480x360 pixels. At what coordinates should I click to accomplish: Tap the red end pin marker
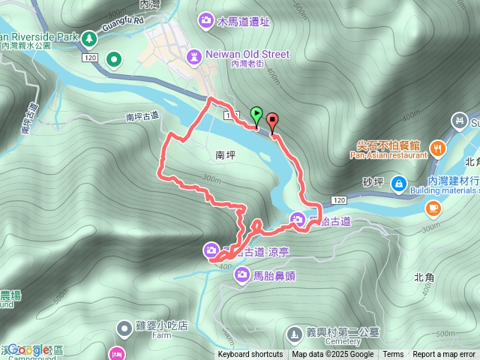(271, 120)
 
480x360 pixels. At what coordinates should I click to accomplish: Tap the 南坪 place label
(226, 155)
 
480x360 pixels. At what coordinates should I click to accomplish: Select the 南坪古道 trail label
(142, 116)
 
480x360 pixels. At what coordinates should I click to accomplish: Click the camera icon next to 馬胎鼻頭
(242, 275)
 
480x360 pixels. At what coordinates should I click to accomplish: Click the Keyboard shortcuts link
(250, 355)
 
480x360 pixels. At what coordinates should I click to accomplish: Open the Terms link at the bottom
(393, 355)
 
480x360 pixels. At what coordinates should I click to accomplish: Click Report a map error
(444, 355)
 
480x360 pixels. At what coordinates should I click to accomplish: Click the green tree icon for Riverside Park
(89, 37)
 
